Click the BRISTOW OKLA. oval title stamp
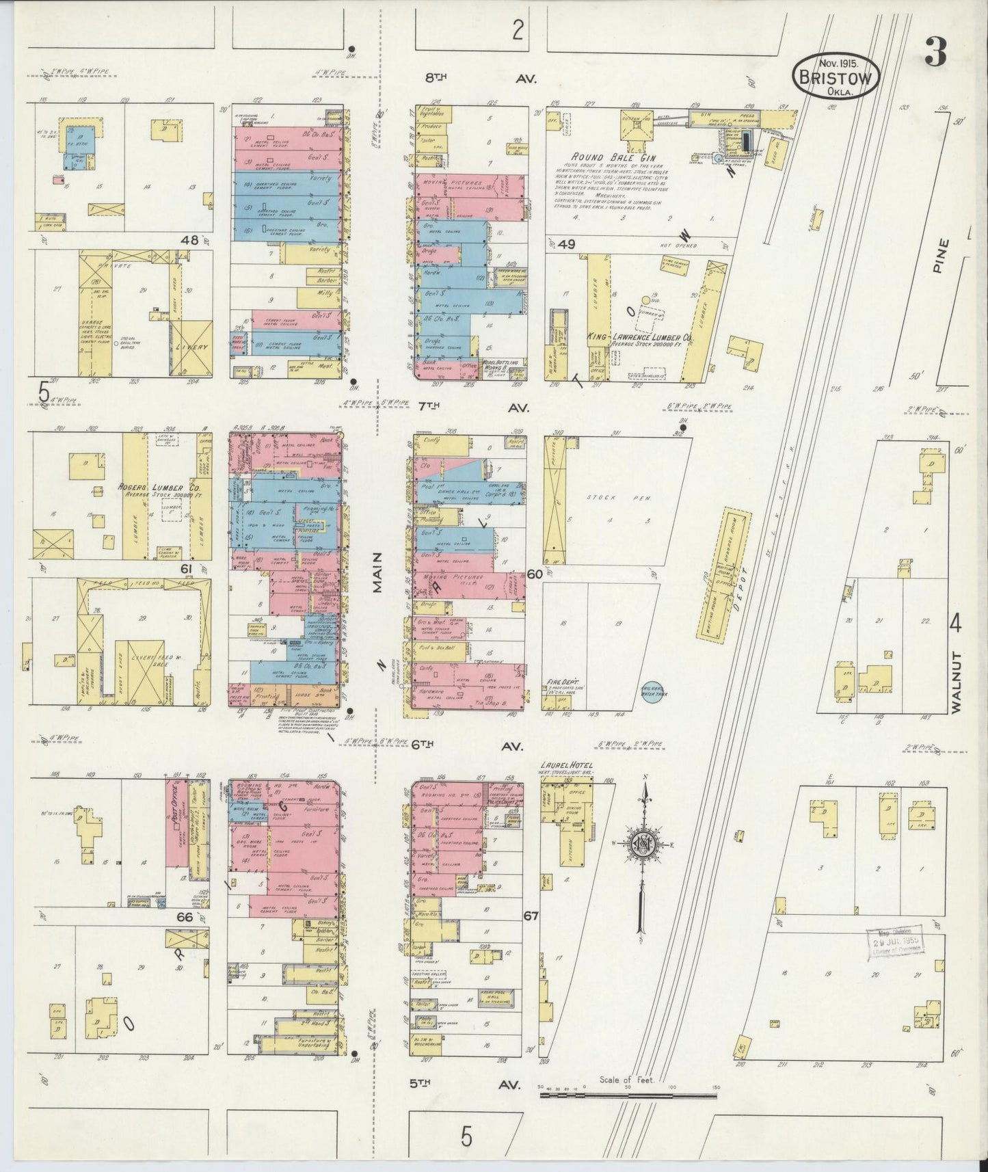click(836, 76)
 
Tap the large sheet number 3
click(935, 52)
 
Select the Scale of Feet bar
click(629, 1093)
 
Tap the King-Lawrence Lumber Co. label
click(639, 337)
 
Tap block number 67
click(531, 914)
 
